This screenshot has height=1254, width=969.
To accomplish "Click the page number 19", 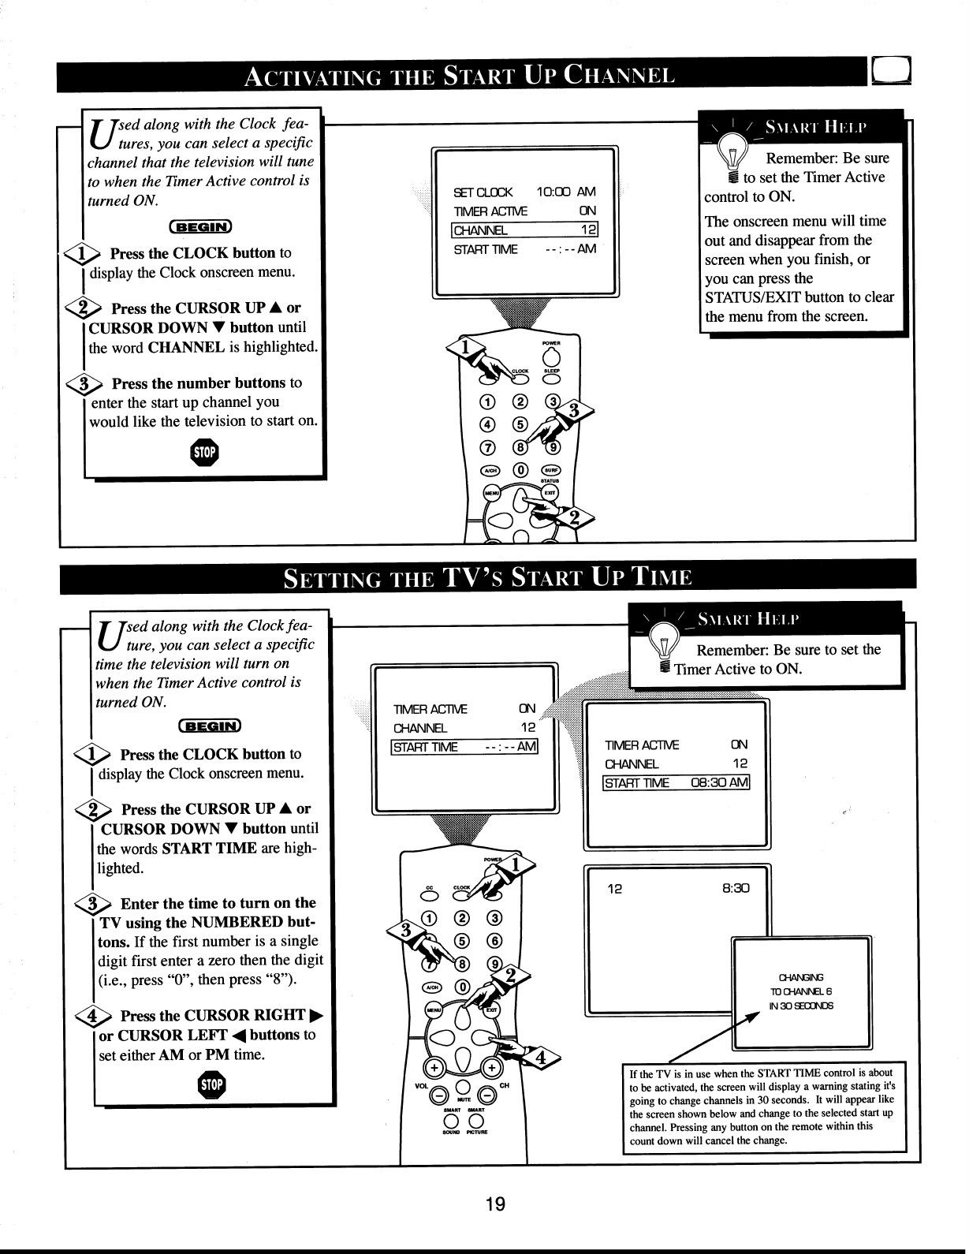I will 494,1204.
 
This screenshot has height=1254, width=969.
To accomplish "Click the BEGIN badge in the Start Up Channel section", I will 201,228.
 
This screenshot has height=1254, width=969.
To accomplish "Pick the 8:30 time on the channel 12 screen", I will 735,888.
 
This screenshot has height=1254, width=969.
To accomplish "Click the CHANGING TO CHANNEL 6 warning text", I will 801,991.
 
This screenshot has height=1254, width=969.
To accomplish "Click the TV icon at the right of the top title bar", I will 892,74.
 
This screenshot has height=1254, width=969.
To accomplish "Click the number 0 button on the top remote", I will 521,470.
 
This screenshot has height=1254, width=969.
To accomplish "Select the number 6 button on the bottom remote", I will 494,940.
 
